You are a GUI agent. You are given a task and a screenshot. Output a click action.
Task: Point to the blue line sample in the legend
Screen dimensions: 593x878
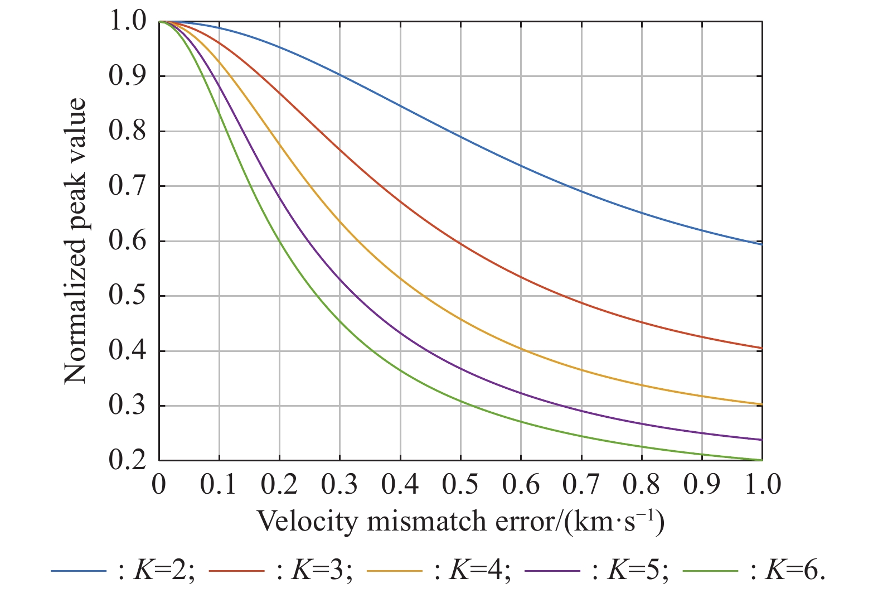[78, 571]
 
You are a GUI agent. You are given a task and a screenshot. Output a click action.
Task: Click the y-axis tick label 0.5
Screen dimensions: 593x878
[127, 296]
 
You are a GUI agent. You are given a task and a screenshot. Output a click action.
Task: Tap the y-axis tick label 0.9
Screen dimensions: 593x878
[127, 76]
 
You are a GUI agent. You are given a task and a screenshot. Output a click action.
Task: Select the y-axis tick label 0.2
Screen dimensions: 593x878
[127, 461]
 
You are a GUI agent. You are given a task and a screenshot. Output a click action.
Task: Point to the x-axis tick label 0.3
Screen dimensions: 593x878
[339, 485]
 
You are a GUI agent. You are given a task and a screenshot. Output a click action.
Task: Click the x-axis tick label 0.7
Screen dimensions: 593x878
[581, 485]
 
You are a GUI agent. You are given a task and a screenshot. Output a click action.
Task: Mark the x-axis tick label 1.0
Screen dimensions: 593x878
[761, 485]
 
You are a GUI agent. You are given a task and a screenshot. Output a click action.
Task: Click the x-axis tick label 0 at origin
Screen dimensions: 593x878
[159, 485]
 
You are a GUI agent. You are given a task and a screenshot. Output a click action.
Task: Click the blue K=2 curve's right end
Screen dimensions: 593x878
[761, 244]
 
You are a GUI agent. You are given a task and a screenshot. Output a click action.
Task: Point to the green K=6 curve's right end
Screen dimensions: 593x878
[761, 460]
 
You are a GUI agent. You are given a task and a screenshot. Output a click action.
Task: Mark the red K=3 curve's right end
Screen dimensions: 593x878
[761, 348]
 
